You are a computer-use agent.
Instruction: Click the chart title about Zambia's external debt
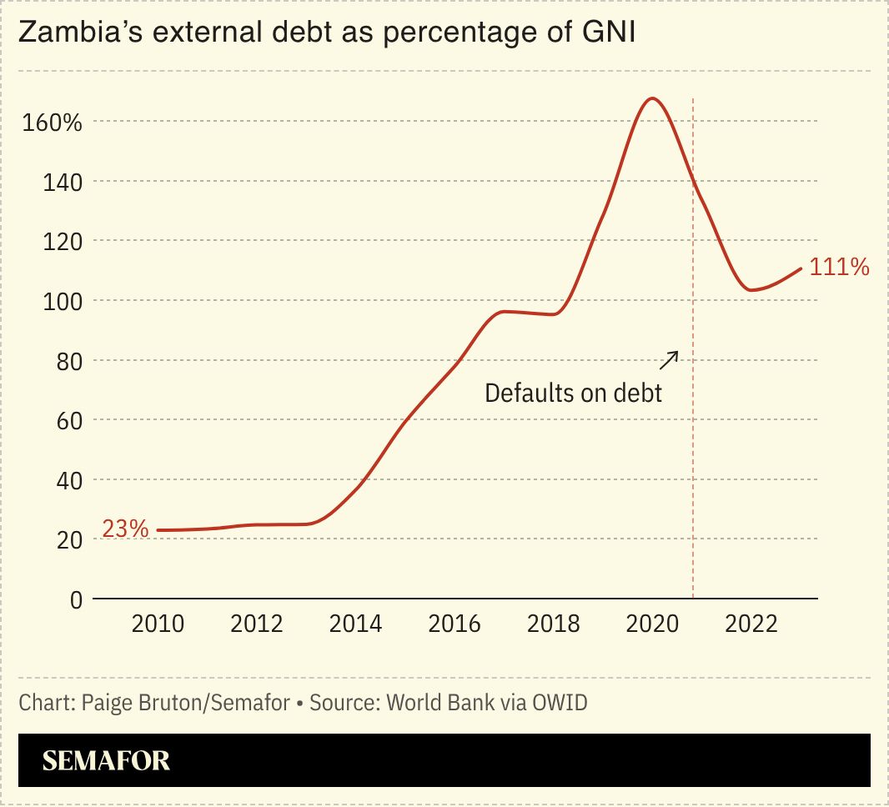coord(326,33)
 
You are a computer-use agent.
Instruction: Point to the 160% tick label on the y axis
coord(52,123)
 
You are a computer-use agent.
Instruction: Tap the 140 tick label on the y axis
coord(63,182)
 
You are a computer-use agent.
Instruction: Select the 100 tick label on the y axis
coord(63,301)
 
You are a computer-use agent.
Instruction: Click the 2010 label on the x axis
coord(158,624)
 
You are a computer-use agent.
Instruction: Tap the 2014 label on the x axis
coord(356,624)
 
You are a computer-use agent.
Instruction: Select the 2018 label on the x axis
coord(554,624)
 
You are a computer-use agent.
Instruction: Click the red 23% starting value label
coord(125,529)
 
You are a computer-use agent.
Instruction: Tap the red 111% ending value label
coord(840,268)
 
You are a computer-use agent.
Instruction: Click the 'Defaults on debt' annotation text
coord(574,393)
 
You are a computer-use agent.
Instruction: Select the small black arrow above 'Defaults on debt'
coord(669,360)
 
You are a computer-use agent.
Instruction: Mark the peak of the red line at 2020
coord(652,98)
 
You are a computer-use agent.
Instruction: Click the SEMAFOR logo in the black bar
coord(106,760)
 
